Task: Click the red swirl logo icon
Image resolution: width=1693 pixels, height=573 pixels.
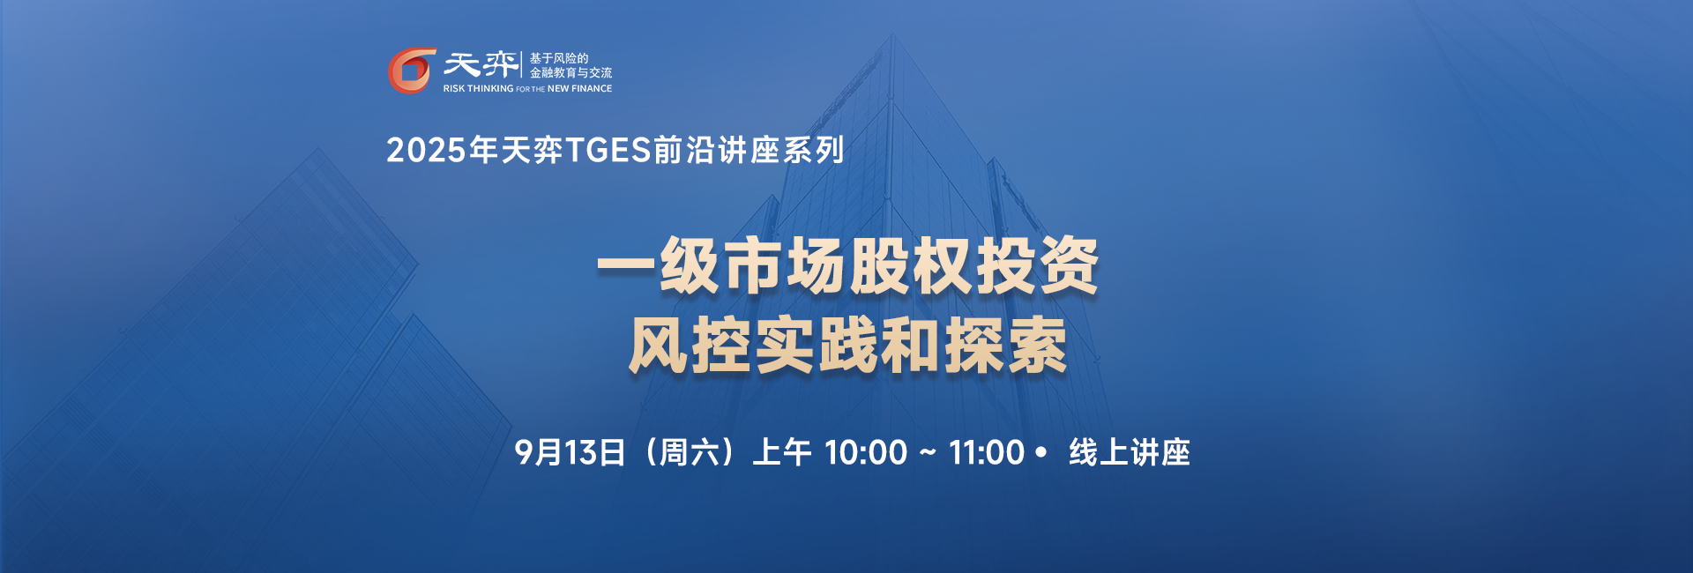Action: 412,71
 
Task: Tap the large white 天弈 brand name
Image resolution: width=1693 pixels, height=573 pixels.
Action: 481,64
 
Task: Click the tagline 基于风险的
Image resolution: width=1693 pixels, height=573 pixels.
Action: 559,58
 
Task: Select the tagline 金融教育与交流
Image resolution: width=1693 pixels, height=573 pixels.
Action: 571,72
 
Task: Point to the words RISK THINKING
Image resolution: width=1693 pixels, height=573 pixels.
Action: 478,88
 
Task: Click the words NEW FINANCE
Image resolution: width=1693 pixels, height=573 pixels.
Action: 579,88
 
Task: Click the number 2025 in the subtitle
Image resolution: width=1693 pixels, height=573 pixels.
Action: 426,151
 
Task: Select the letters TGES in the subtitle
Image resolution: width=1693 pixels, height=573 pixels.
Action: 608,151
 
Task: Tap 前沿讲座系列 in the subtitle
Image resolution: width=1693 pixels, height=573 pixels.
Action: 750,151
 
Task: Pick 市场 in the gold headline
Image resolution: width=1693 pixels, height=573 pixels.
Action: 785,265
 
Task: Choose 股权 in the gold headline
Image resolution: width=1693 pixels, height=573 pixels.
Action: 911,265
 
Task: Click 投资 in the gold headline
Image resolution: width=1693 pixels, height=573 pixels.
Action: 1037,265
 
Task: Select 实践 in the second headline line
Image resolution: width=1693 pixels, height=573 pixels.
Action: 816,345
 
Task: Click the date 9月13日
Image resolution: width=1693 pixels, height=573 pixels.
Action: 571,452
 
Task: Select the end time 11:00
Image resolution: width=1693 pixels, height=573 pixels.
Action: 987,453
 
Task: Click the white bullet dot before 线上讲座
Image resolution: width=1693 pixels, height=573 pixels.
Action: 1041,452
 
